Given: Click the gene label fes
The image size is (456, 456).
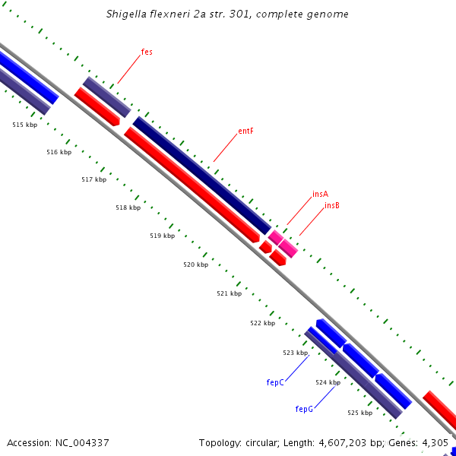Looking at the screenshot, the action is coord(147,52).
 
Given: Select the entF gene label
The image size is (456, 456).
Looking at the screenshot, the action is coord(245,131).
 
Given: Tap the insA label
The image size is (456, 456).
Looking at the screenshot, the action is coord(320,195).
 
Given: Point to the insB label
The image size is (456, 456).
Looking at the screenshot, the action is coord(332,205).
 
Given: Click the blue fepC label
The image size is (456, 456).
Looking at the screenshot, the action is coord(275,382).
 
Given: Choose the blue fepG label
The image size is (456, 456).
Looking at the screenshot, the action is coord(304,409).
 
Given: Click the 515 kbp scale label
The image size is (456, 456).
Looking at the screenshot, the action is coord(24,125).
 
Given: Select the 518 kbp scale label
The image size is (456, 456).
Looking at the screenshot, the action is coord(128,207).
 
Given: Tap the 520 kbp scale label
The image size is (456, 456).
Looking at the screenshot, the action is coord(195,264).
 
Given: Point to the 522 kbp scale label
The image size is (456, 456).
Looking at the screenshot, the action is coord(262,323).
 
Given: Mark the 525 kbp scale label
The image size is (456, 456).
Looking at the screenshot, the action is coord(359,413).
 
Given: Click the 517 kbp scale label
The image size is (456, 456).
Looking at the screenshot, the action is coord(93,179).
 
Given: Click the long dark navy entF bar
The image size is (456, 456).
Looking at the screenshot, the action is coord(201,175).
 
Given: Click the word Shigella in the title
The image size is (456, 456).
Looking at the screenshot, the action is coord(127,14).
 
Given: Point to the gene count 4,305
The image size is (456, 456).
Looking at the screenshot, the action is coord(435,442).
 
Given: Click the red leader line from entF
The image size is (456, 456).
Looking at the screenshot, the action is coord(225,148).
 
